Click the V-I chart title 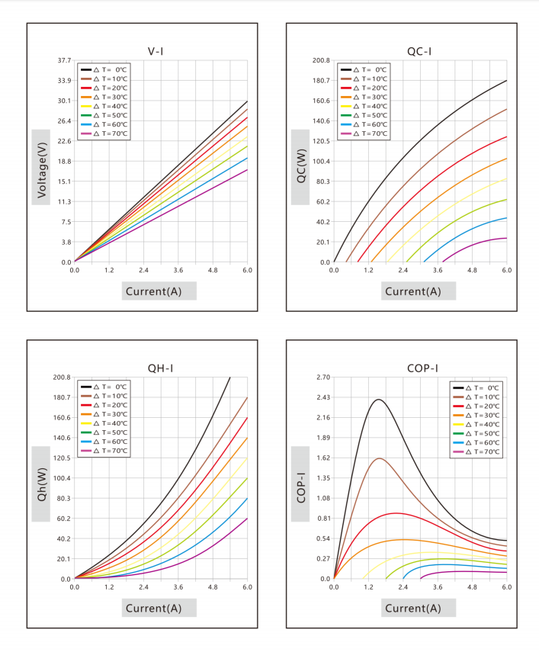pos(156,51)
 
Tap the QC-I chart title pos(419,51)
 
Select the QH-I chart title pos(160,368)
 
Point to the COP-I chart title pos(422,368)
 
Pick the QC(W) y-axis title pos(301,166)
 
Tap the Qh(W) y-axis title pos(42,484)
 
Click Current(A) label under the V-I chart pos(154,291)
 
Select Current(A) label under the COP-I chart pos(413,608)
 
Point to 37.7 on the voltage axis pos(64,60)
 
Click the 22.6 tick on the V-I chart pos(64,141)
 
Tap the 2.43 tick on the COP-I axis pos(323,397)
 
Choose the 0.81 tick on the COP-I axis pos(323,518)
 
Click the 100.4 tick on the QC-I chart pos(321,162)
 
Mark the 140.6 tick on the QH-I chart pos(62,438)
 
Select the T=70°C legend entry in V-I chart pos(104,133)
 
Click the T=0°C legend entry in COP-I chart pos(476,387)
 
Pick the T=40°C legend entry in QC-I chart pos(364,106)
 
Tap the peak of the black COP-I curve pos(379,400)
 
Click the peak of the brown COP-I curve pos(380,458)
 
